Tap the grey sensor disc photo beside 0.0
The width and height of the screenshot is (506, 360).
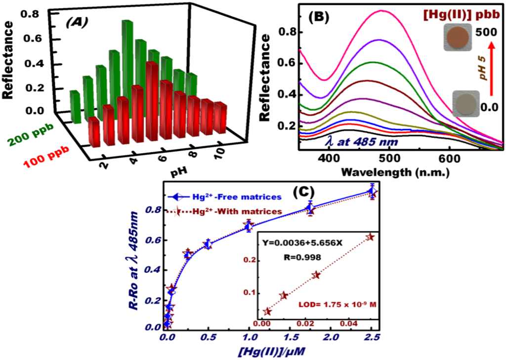pos(466,105)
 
